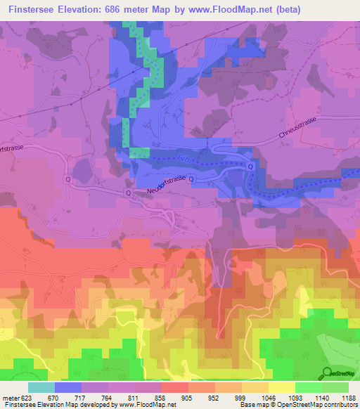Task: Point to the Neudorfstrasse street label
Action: pos(167,185)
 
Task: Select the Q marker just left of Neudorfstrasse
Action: pos(129,192)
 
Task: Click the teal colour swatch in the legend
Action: pos(41,387)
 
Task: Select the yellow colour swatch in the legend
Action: pos(282,387)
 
